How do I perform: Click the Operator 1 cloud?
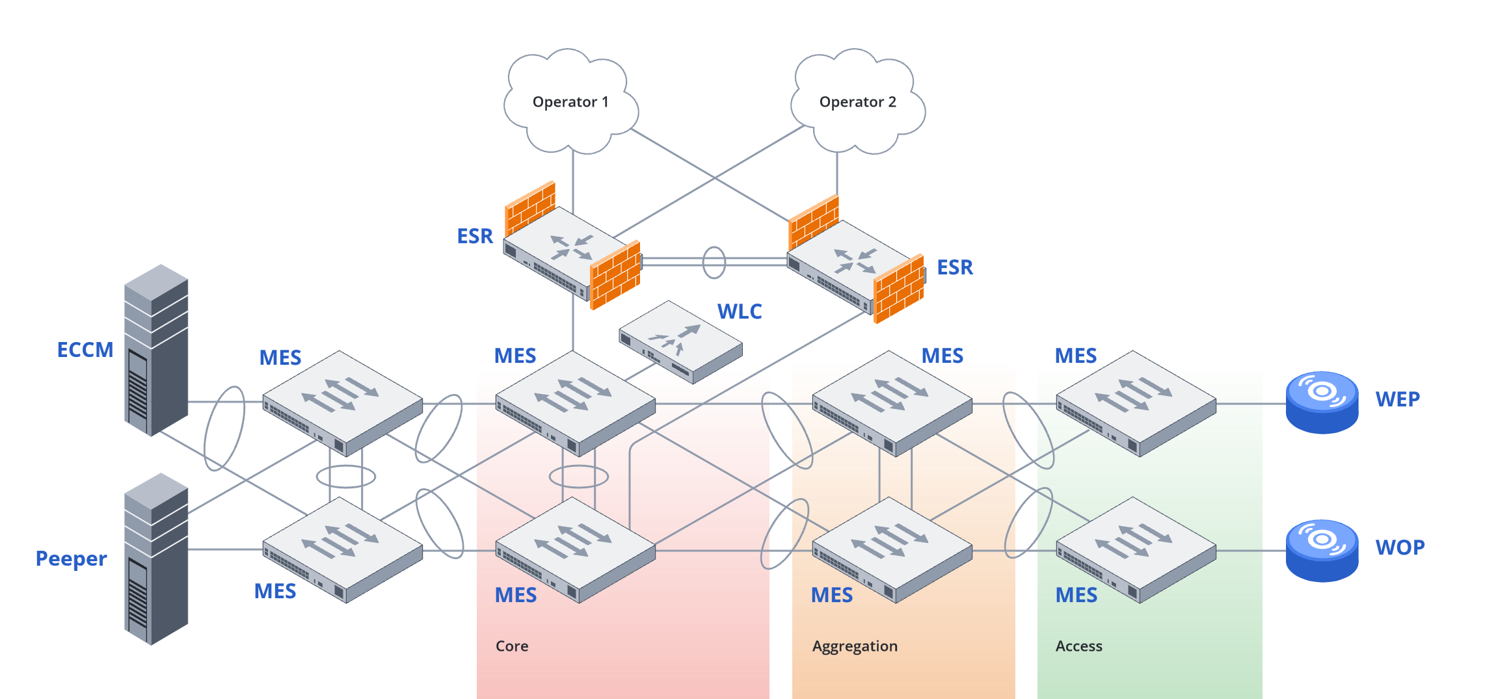[570, 102]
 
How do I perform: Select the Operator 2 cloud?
[857, 102]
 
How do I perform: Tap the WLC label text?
[739, 311]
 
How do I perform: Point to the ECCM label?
[85, 350]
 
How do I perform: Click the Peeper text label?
[71, 559]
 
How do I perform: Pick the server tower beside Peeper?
[156, 559]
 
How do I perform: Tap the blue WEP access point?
[1322, 402]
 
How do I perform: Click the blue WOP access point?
[1322, 550]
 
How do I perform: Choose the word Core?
[512, 646]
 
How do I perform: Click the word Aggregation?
[855, 646]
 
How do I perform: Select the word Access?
[1078, 646]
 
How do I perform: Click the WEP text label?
[1397, 399]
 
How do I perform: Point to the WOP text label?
[1400, 547]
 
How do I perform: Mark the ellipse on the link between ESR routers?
[714, 262]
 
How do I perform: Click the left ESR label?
[475, 236]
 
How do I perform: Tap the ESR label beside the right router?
[954, 267]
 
